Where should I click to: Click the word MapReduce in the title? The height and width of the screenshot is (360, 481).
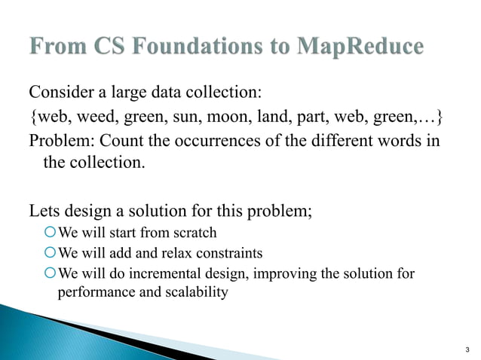(x=360, y=47)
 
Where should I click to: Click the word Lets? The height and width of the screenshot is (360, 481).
(x=44, y=210)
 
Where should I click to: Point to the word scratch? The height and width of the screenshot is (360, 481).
(x=195, y=232)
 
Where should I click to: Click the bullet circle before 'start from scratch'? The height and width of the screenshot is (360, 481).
(x=51, y=232)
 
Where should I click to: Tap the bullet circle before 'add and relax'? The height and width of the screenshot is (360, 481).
(x=51, y=252)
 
